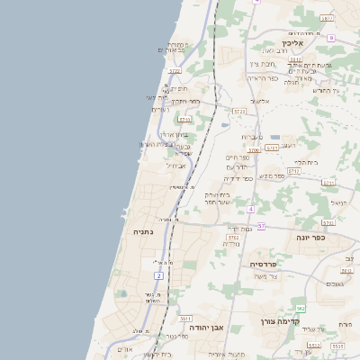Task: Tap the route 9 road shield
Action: [331, 38]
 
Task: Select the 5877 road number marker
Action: [327, 18]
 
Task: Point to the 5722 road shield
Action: [175, 71]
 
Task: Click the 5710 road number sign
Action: [186, 118]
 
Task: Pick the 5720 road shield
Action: [238, 111]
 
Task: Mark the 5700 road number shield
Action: [255, 149]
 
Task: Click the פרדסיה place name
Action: [263, 265]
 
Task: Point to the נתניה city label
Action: [144, 232]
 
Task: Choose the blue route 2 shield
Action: [159, 274]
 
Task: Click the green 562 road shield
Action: [301, 309]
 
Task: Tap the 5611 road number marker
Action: [186, 319]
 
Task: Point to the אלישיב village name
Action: [261, 102]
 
